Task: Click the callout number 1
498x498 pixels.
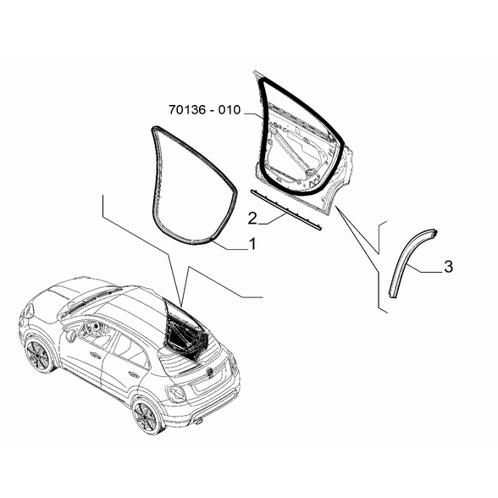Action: point(252,244)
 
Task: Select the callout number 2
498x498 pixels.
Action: point(252,219)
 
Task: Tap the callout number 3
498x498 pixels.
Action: point(449,267)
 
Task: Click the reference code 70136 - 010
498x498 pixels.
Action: point(205,110)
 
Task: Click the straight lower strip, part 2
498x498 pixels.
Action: point(286,209)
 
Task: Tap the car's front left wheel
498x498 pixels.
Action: point(38,356)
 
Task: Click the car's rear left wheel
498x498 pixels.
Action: point(146,416)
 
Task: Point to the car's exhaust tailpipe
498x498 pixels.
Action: point(198,422)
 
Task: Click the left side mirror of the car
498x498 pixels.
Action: point(71,335)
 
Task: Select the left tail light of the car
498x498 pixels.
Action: point(175,393)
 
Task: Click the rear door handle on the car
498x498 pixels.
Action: point(133,373)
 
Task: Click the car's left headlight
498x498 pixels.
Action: point(29,310)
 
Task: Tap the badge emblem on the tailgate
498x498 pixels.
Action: point(210,370)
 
